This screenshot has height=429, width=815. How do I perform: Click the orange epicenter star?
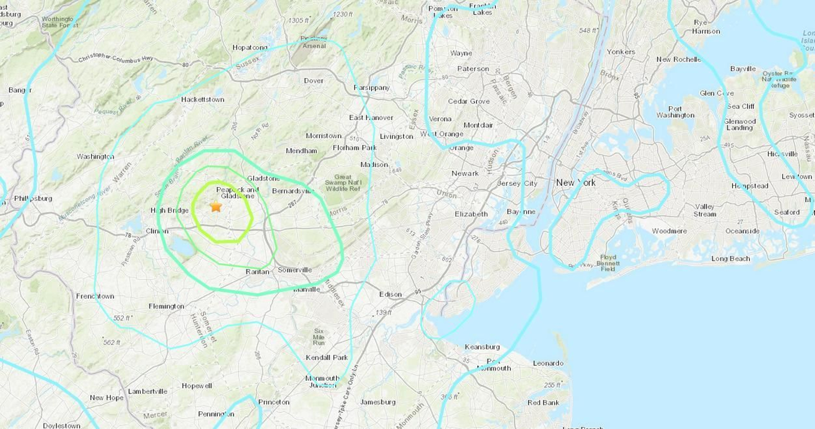tap(216, 206)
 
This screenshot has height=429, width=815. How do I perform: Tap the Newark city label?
tap(465, 173)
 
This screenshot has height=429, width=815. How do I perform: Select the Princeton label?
tap(274, 402)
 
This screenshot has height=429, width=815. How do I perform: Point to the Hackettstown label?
tap(202, 99)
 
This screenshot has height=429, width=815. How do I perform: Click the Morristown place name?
tap(323, 136)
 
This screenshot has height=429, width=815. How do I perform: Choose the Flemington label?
tap(166, 306)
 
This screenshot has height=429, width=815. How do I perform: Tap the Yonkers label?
tap(620, 51)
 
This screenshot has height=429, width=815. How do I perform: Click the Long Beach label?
tap(730, 258)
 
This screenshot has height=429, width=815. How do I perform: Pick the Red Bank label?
tap(543, 403)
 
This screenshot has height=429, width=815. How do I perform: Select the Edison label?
tap(390, 294)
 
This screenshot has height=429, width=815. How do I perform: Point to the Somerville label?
tap(294, 270)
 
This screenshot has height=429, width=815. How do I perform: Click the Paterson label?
tap(473, 69)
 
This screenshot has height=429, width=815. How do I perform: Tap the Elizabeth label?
tap(471, 214)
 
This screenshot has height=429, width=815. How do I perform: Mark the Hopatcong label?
tap(250, 47)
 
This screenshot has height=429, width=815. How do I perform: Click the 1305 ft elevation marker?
tap(298, 20)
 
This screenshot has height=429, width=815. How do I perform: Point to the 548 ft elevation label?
tap(588, 31)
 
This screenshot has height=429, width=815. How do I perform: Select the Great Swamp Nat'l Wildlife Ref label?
tap(343, 183)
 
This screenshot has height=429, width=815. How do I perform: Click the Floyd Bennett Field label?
tap(608, 263)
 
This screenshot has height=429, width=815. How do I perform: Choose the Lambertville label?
tap(147, 391)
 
